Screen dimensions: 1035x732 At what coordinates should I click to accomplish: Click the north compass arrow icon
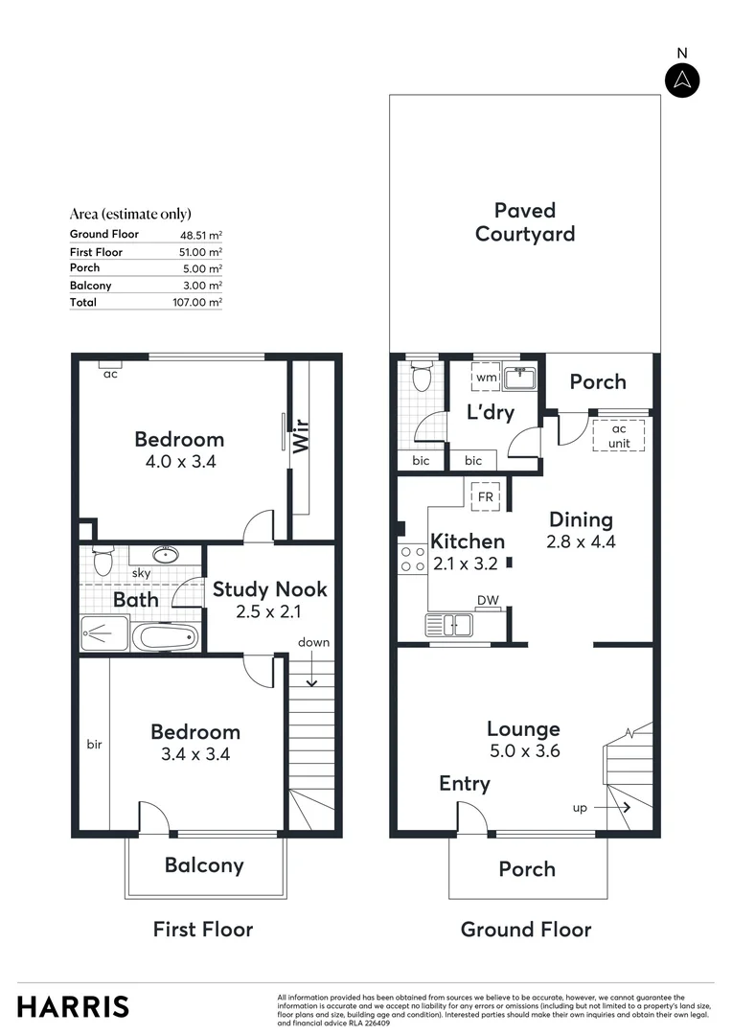pos(681,80)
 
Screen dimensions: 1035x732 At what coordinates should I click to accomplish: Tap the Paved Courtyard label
pos(525,221)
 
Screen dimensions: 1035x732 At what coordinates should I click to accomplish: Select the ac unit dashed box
pos(619,435)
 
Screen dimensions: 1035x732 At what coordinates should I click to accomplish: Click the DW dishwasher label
pos(488,601)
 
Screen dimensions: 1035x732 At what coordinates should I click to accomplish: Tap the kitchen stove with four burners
pos(414,559)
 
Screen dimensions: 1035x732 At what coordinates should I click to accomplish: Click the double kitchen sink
pos(449,626)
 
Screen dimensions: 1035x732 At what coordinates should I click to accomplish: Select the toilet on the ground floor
pos(419,379)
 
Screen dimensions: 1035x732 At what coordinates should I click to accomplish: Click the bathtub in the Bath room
pos(166,636)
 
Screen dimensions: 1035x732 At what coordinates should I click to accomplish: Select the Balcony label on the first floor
pos(204,865)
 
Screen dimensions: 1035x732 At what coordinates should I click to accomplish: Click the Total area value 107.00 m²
pos(201,302)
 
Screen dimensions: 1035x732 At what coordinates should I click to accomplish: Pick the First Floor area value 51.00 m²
pos(201,251)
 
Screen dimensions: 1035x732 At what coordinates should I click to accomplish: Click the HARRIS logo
pos(73,1006)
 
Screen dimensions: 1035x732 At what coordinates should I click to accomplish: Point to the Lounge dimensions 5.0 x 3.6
pos(523,751)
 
